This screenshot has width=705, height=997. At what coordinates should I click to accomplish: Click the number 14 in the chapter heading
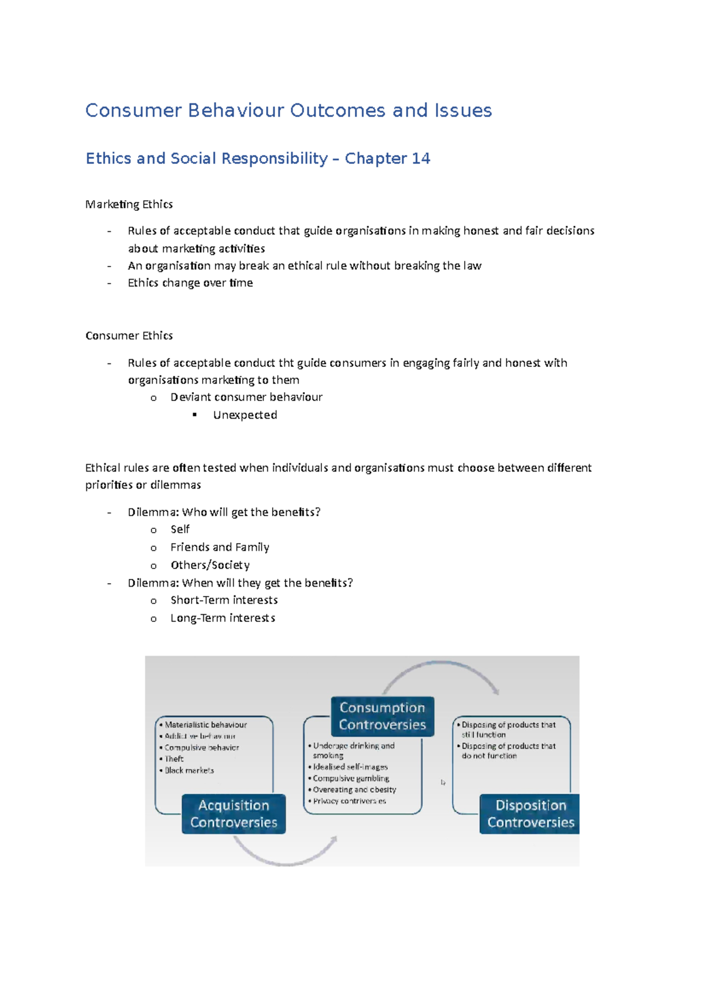pyautogui.click(x=421, y=159)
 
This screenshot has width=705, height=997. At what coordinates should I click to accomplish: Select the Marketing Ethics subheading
pyautogui.click(x=129, y=204)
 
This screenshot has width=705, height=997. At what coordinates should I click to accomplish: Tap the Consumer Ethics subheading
pyautogui.click(x=129, y=336)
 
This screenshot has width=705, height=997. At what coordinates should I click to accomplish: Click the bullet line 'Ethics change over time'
pyautogui.click(x=190, y=283)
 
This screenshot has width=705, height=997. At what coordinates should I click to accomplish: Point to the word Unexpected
pyautogui.click(x=245, y=415)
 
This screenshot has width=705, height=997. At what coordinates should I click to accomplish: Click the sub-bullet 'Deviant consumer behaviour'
pyautogui.click(x=246, y=398)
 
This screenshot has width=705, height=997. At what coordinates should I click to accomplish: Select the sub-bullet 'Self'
pyautogui.click(x=180, y=530)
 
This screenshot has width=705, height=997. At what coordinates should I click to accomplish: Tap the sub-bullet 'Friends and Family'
pyautogui.click(x=220, y=547)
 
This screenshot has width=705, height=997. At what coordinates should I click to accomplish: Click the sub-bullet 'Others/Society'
pyautogui.click(x=210, y=565)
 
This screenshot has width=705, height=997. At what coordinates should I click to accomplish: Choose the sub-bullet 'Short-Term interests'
pyautogui.click(x=224, y=600)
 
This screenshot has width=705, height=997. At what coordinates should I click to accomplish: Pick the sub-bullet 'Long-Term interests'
pyautogui.click(x=223, y=618)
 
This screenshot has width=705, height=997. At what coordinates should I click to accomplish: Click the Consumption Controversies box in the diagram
pyautogui.click(x=382, y=716)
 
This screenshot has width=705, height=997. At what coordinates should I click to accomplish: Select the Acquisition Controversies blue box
pyautogui.click(x=234, y=814)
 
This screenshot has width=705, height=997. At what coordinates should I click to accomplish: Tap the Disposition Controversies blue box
pyautogui.click(x=530, y=814)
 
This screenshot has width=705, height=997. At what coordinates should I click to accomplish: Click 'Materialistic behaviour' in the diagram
pyautogui.click(x=206, y=725)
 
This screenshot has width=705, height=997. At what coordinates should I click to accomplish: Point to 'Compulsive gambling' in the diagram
pyautogui.click(x=351, y=779)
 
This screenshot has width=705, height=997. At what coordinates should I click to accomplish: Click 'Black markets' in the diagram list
pyautogui.click(x=189, y=770)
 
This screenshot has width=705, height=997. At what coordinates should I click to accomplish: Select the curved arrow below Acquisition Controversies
pyautogui.click(x=285, y=857)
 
